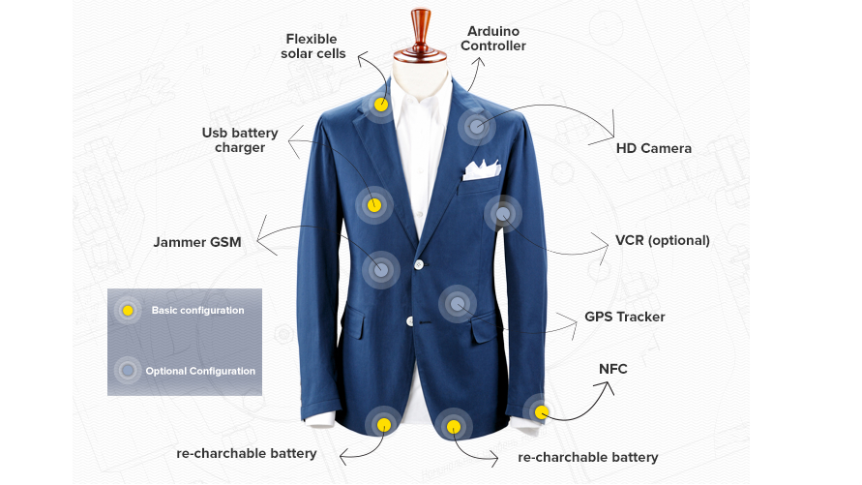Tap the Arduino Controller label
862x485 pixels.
(x=493, y=39)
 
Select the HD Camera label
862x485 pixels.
(x=653, y=148)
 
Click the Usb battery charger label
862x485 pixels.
(x=240, y=139)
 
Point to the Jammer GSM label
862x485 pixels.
(x=197, y=241)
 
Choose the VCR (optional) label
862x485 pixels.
(x=662, y=240)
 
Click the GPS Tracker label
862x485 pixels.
(x=624, y=317)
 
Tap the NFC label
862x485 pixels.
(x=613, y=368)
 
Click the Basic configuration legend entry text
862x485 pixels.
(x=197, y=311)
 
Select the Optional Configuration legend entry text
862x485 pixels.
(x=200, y=371)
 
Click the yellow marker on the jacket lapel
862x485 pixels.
(x=381, y=104)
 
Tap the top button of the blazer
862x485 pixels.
(x=418, y=263)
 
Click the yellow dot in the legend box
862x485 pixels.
(x=128, y=311)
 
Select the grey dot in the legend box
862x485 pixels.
(x=128, y=370)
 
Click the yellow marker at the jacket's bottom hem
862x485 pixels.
(x=384, y=424)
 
